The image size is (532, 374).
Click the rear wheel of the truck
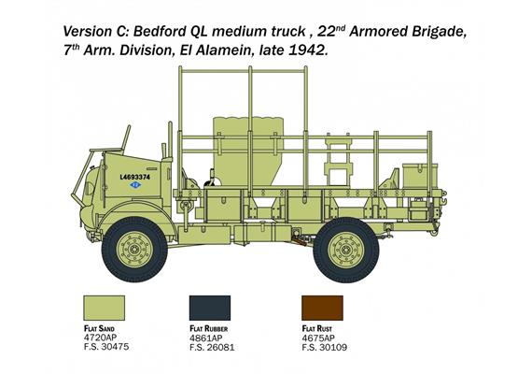point(343,251)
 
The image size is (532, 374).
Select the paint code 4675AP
point(315,338)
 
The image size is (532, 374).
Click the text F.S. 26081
point(211,348)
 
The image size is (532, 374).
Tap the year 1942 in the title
point(307,50)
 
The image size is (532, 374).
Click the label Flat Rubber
point(212,329)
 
